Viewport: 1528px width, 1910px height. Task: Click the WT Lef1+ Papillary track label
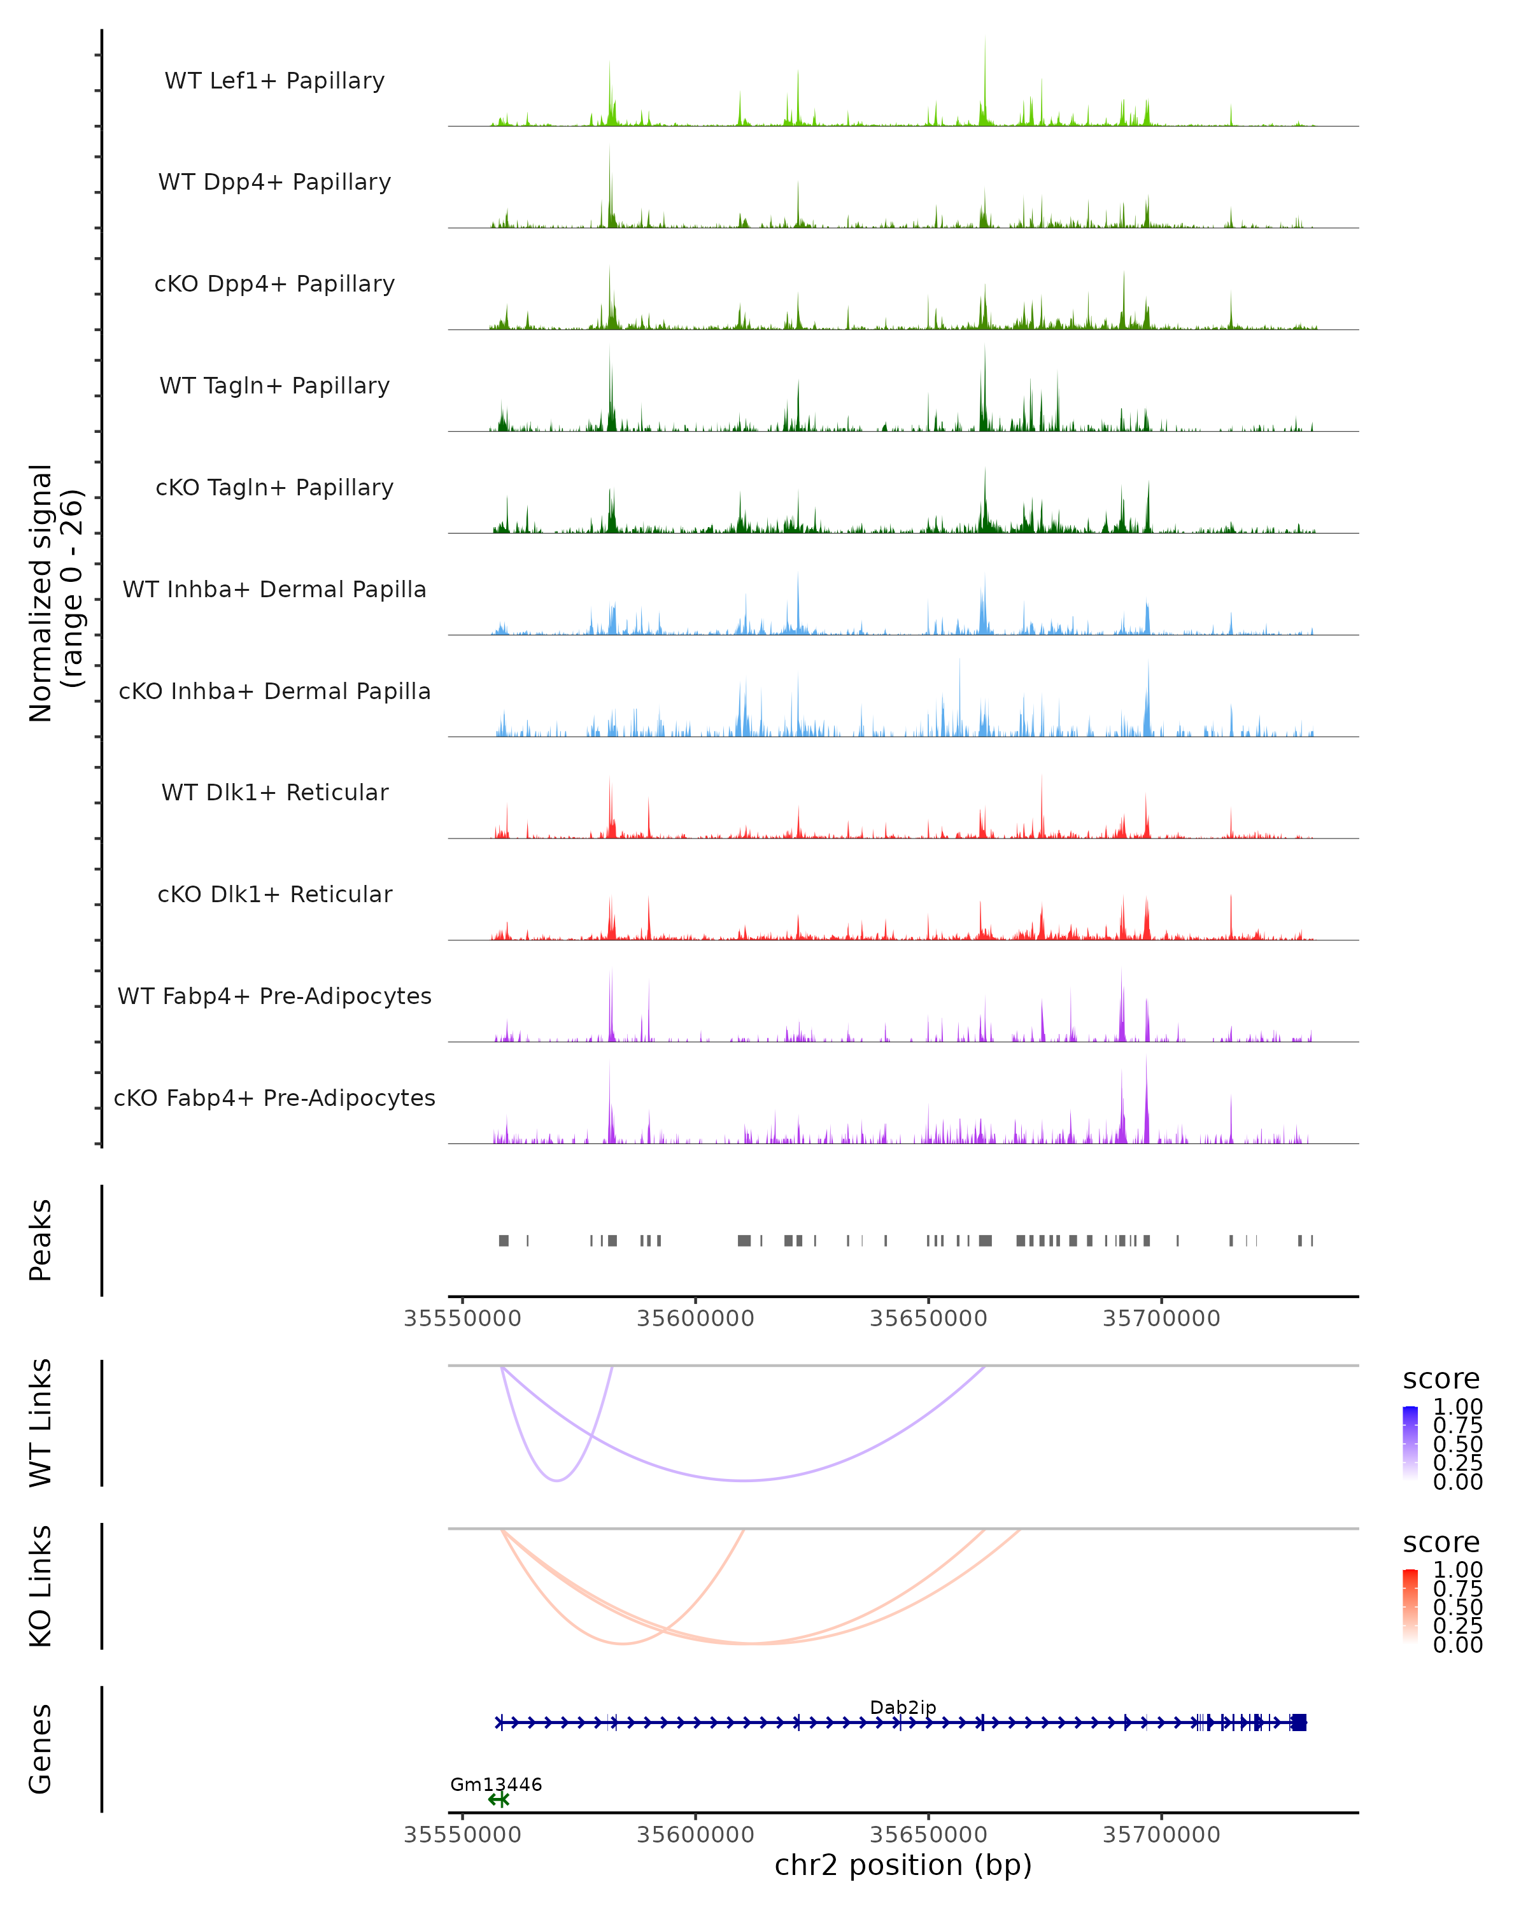[274, 81]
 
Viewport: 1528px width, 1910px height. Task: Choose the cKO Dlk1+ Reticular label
[274, 894]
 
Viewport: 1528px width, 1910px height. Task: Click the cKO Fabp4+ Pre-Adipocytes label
[274, 1098]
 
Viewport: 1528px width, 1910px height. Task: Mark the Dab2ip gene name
[903, 1707]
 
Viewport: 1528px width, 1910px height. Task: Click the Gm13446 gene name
[496, 1784]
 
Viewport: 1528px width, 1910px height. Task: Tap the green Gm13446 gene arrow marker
[499, 1799]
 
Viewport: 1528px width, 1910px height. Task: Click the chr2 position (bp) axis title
[903, 1865]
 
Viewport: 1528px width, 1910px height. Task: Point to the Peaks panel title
[41, 1240]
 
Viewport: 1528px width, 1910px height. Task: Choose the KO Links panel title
[41, 1586]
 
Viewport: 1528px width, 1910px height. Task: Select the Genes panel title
[41, 1749]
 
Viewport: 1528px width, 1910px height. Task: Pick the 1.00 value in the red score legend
[1458, 1570]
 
